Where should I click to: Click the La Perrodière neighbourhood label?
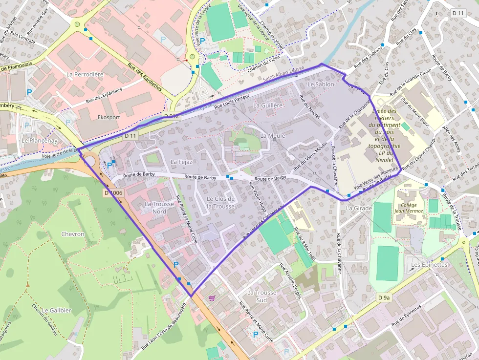[85, 74]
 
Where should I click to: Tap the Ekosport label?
[109, 118]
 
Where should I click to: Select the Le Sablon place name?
[321, 85]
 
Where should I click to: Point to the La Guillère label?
[268, 105]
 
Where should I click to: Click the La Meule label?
[273, 135]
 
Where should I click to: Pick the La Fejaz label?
[182, 161]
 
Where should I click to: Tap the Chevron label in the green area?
[73, 234]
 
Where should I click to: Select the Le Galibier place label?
[57, 310]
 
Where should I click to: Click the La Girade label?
[359, 208]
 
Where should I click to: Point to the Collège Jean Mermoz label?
[407, 208]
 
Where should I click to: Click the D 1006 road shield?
[113, 193]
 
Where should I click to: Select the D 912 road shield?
[171, 116]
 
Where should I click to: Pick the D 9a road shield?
[384, 297]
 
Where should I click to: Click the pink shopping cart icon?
[212, 297]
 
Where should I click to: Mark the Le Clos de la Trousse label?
[220, 202]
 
